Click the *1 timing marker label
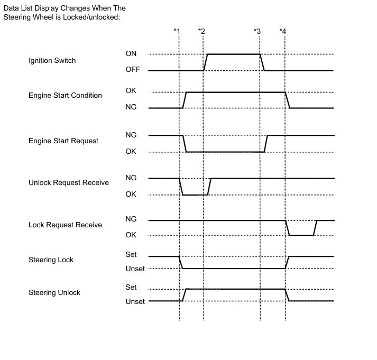coord(177,31)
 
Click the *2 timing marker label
coord(201,31)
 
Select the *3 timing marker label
coord(258,31)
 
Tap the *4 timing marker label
coord(283,31)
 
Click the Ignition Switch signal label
coord(52,61)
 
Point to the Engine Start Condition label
coord(65,96)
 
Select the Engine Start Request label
coord(63,141)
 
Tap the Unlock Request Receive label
coord(69,183)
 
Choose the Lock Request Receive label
coord(65,225)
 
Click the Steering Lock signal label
coord(51,260)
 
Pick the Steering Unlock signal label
coord(54,292)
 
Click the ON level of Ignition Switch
coord(131,53)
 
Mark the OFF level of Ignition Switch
coord(132,69)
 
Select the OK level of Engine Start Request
coord(131,152)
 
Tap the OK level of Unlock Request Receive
coord(131,194)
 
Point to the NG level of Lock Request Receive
coord(131,219)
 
